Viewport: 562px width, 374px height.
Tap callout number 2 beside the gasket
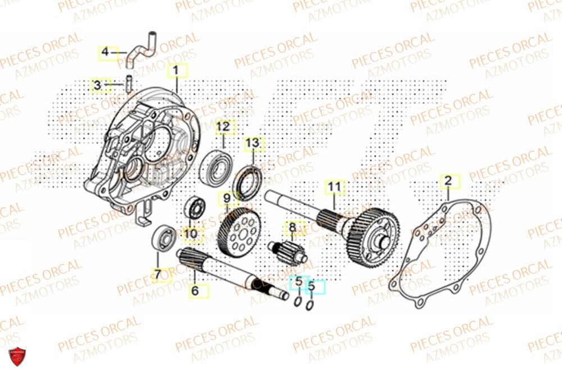pos(448,181)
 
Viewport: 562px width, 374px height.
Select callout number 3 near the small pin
pos(97,85)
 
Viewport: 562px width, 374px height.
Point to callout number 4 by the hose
pos(105,53)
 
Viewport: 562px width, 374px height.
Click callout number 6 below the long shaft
pos(195,291)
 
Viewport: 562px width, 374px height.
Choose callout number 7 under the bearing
pos(158,275)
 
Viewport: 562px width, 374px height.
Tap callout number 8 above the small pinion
pos(292,229)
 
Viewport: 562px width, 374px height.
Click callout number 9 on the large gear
pos(226,198)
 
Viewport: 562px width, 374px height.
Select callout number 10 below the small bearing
pos(190,234)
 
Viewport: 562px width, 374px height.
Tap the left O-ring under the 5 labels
pos(297,304)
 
